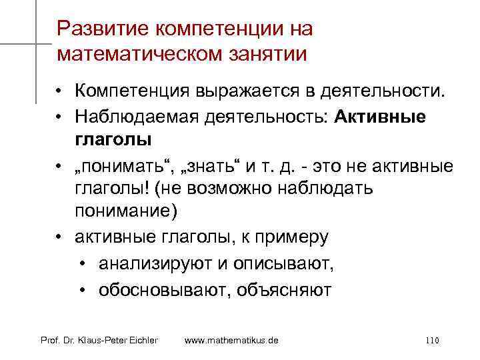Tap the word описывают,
283,264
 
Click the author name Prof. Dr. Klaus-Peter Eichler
99,341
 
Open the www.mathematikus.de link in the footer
231,341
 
